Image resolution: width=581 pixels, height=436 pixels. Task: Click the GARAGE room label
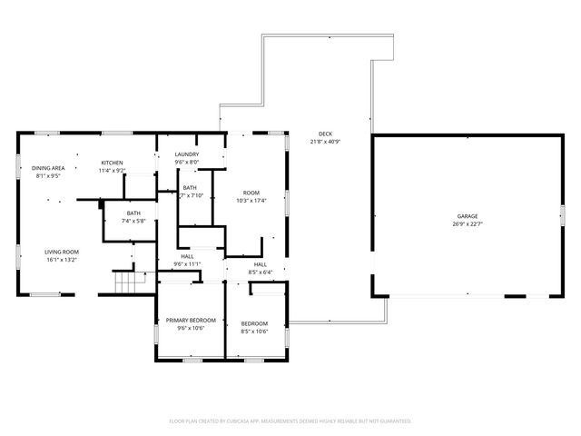467,216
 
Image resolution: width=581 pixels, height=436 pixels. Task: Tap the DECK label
325,134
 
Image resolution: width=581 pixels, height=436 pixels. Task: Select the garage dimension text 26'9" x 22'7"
467,224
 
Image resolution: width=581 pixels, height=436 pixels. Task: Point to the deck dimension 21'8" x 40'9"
325,142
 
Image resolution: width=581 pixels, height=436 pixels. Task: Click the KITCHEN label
113,163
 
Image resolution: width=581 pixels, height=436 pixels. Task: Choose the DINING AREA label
48,168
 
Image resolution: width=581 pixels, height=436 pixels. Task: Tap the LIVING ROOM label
63,252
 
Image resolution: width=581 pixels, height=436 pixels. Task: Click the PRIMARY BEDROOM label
191,320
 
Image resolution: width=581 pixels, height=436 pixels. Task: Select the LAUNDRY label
187,154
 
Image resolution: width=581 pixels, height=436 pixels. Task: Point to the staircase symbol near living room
129,282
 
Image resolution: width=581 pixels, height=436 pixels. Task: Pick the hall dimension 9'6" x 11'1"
187,264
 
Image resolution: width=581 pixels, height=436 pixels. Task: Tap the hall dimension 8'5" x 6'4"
261,272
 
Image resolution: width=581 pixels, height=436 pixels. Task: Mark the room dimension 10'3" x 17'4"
251,201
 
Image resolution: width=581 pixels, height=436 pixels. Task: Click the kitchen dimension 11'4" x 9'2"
113,171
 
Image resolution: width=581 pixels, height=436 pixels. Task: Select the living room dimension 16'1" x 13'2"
63,260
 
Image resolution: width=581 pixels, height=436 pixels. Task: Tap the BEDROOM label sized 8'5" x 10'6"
254,324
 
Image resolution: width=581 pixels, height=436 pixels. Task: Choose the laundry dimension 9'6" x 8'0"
187,163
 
